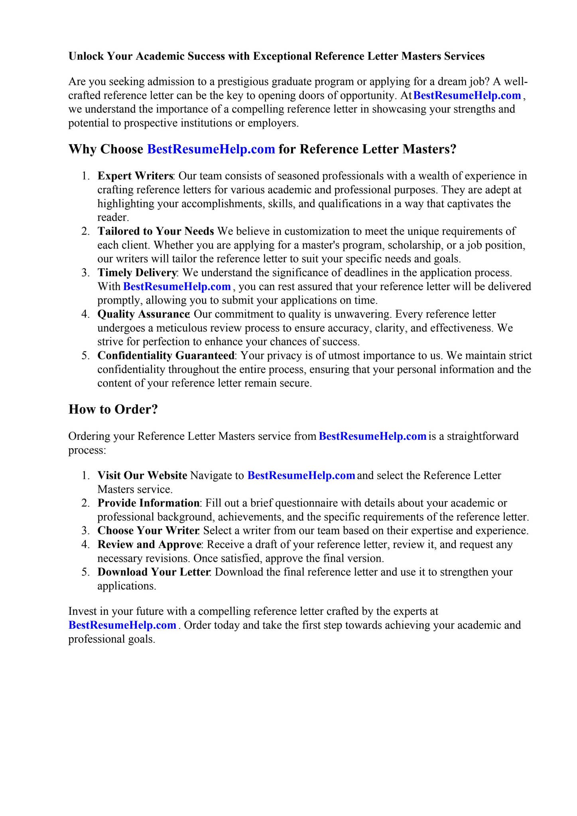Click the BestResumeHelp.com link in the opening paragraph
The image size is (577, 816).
467,96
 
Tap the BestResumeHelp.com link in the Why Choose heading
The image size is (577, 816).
211,149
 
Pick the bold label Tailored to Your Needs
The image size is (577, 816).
156,231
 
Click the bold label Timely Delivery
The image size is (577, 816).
137,273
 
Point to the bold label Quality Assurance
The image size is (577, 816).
143,314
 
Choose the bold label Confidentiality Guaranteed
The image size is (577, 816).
166,356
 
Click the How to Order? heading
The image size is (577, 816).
113,409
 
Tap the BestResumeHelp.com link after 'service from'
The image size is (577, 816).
373,436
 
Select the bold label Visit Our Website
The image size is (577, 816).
142,476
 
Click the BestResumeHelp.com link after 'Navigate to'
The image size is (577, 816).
301,476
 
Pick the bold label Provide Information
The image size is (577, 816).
148,503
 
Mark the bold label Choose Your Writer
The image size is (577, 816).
148,531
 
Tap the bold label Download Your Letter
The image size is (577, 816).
154,572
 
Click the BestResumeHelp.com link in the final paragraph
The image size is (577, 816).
122,625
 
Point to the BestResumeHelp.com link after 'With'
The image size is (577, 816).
177,287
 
